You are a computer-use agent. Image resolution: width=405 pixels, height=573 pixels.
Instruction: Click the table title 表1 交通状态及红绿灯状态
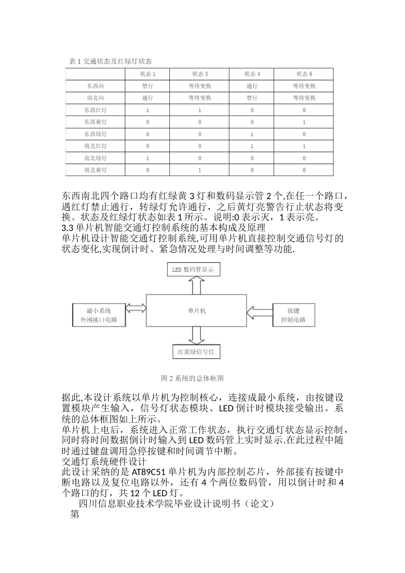pos(110,61)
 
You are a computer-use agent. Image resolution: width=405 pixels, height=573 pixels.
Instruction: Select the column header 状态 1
pos(148,74)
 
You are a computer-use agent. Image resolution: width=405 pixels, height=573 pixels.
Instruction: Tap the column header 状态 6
pos(304,74)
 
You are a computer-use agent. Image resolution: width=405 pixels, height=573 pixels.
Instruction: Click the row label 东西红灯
pos(95,110)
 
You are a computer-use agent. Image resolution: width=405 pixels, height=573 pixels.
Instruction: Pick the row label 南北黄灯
pos(95,170)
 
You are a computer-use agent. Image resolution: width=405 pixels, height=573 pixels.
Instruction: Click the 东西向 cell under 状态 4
pos(252,86)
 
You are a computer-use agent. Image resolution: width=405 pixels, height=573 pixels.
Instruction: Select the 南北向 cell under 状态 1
pos(148,98)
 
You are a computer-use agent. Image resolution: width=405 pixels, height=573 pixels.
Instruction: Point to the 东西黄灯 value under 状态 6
pos(304,122)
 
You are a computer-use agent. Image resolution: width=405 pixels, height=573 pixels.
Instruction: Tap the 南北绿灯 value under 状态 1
pos(148,158)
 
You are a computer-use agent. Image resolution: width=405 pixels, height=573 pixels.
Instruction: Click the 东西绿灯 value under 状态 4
pos(252,134)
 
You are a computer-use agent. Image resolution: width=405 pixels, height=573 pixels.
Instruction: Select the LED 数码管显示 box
pos(193,269)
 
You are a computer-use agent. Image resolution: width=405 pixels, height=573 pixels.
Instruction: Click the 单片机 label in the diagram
pos(197,311)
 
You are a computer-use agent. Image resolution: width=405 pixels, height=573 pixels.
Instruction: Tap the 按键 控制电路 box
pos(293,315)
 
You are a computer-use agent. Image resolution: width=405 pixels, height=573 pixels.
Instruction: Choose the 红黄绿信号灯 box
pos(196,352)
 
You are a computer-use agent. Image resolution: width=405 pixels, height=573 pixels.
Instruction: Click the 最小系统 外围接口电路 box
pos(99,315)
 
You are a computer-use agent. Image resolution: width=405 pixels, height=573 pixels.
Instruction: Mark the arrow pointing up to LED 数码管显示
pos(197,285)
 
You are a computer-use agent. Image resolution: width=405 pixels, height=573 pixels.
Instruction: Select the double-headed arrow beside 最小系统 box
pos(136,308)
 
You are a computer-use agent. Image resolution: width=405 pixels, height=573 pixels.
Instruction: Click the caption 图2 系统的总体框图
pos(192,378)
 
